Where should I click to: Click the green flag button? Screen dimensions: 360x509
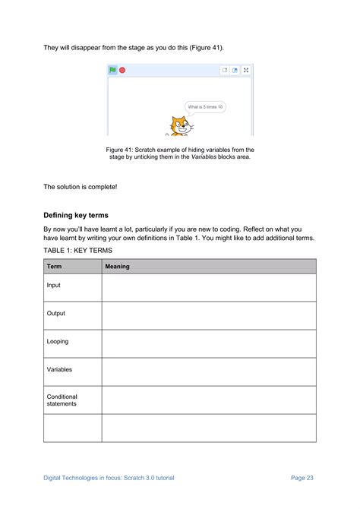click(x=112, y=70)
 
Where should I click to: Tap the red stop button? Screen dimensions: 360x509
click(x=122, y=70)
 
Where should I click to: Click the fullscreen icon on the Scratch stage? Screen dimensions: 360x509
click(x=246, y=70)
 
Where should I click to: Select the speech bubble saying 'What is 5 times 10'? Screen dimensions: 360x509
click(x=205, y=107)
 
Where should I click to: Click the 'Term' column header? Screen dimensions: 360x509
click(x=55, y=266)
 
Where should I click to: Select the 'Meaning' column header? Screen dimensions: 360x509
click(x=117, y=266)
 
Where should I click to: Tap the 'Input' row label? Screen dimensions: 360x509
click(x=54, y=286)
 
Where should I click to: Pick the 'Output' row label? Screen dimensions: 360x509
click(x=56, y=314)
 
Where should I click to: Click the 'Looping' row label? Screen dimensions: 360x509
click(x=58, y=342)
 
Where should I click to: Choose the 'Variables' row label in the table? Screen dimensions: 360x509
click(x=59, y=369)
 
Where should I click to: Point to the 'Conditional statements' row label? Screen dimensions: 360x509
click(x=62, y=400)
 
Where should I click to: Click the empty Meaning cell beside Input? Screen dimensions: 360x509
click(x=209, y=287)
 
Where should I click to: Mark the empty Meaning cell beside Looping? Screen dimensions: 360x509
click(x=209, y=343)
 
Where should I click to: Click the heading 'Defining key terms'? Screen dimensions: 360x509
click(x=78, y=215)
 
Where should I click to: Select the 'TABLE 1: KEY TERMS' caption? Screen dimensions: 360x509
click(x=77, y=249)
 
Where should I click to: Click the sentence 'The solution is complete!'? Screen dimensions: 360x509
click(x=81, y=186)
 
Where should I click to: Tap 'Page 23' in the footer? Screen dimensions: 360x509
click(x=302, y=478)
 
